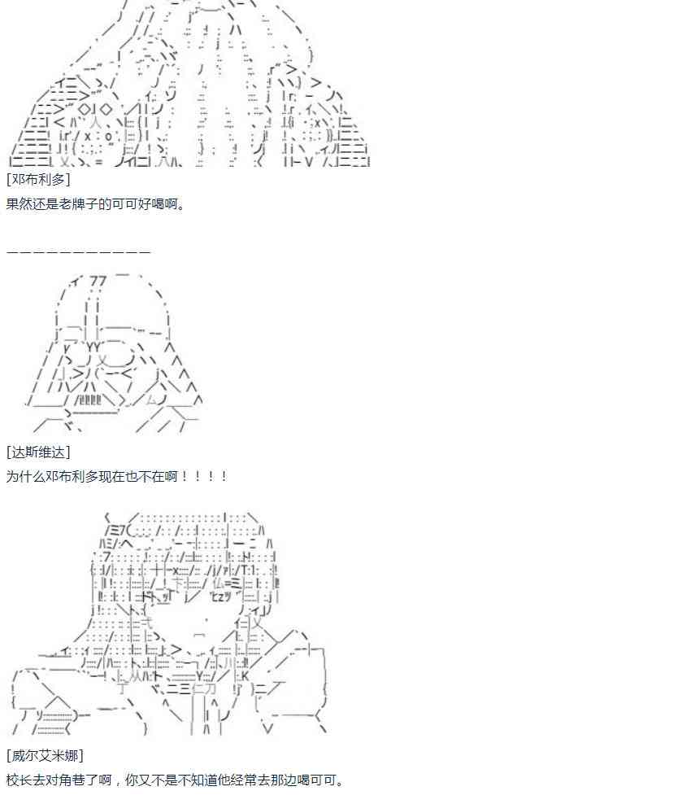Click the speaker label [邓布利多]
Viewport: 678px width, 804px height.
[38, 179]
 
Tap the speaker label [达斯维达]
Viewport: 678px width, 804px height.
[38, 452]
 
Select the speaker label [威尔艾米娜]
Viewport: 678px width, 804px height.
[45, 756]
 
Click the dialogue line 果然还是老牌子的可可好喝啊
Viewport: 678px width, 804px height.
[96, 203]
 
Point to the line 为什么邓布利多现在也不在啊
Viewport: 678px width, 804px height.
[116, 476]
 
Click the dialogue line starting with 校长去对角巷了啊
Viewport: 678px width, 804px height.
[175, 780]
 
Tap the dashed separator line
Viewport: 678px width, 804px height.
[78, 251]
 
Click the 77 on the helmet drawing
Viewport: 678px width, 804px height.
[98, 282]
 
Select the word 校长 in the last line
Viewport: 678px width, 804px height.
[20, 780]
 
